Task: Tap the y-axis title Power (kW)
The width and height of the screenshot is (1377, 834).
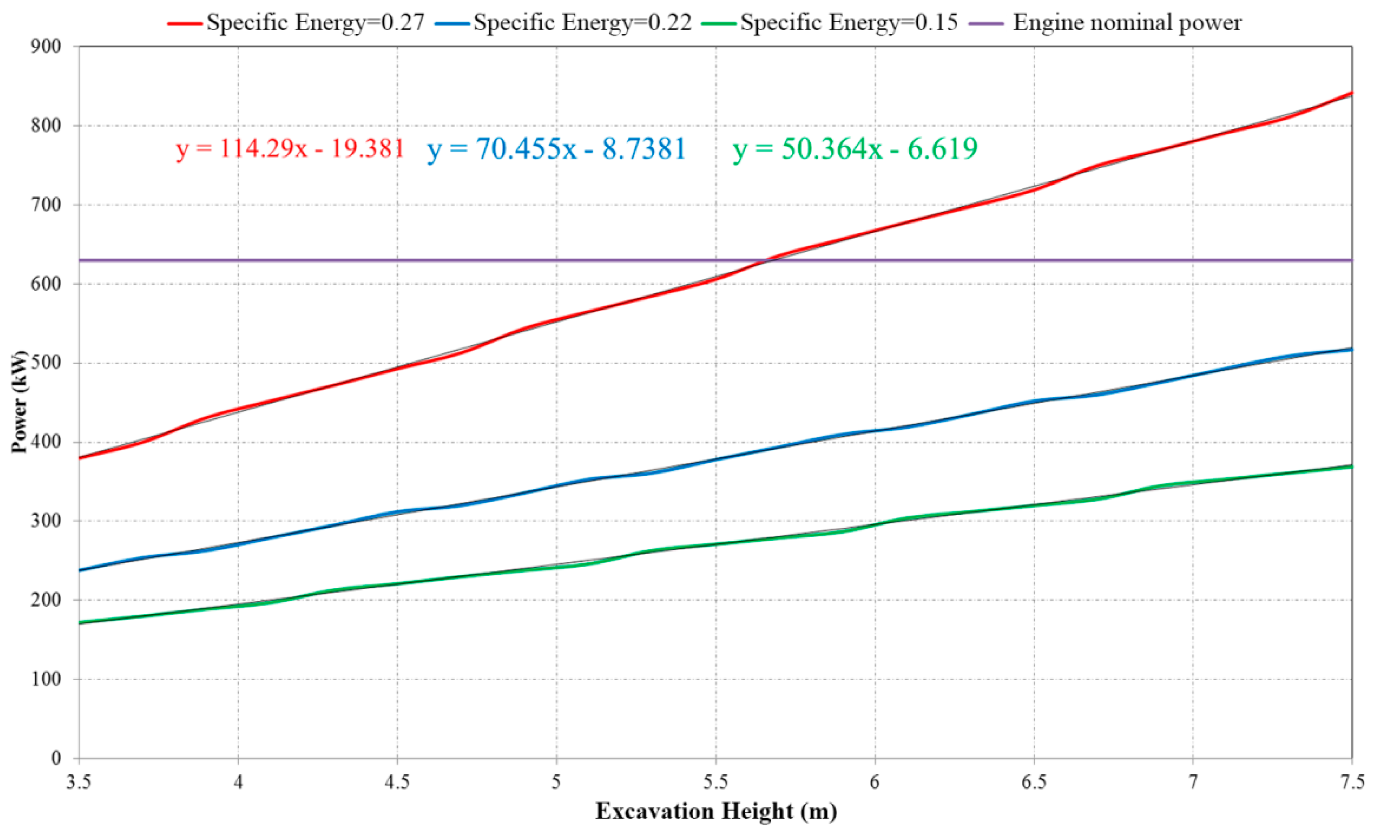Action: coord(19,401)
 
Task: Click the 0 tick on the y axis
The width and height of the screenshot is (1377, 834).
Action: coord(56,758)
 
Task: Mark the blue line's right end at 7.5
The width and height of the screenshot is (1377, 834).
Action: coord(1351,349)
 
